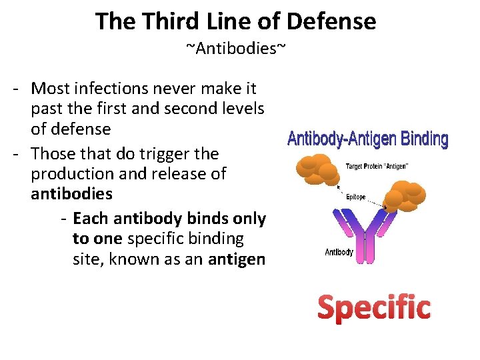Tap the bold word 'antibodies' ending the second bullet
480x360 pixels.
tap(71, 194)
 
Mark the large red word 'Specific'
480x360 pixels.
tap(373, 307)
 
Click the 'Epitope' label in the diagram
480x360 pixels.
tap(355, 197)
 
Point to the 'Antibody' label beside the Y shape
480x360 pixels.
tap(339, 253)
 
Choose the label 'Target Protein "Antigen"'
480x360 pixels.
tap(377, 165)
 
